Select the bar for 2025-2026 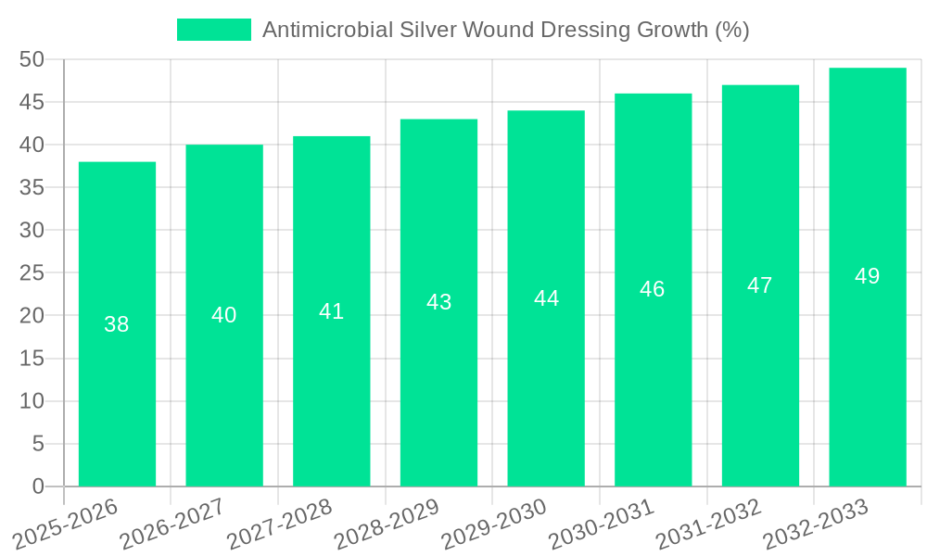coord(117,324)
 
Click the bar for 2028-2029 coord(438,303)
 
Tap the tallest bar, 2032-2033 coord(868,277)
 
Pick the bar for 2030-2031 coord(653,290)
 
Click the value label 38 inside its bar coord(117,324)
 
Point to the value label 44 coord(546,298)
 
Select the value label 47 coord(760,285)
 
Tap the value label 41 coord(332,311)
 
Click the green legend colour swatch coord(213,30)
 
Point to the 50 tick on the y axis coord(32,59)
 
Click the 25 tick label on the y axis coord(32,273)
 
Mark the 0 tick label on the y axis coord(38,486)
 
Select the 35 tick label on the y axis coord(32,187)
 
